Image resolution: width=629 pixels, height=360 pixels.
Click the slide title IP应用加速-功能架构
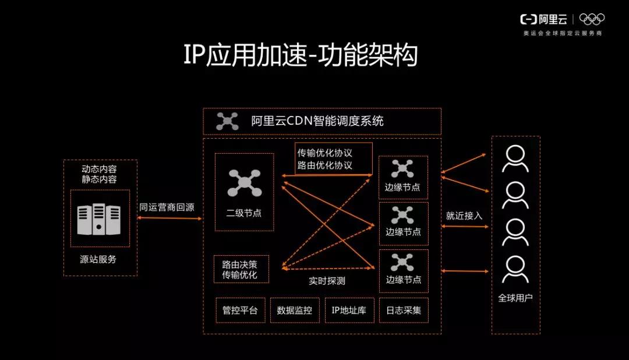(x=301, y=57)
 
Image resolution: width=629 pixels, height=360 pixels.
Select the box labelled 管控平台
(x=240, y=310)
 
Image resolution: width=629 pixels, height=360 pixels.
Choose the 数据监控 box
(x=295, y=310)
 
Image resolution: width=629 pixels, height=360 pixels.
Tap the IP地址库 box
(x=349, y=310)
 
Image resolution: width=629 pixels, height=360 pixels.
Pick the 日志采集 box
(x=404, y=310)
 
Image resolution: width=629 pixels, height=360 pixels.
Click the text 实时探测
(x=327, y=281)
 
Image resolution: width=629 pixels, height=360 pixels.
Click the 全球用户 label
(x=515, y=298)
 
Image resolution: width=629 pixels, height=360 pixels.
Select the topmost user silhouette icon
(x=515, y=158)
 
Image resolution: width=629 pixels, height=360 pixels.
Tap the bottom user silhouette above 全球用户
(x=515, y=269)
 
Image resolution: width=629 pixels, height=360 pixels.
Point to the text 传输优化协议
(x=325, y=153)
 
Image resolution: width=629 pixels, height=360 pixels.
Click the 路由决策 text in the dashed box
(x=239, y=263)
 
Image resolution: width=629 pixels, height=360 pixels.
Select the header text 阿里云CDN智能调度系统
(x=317, y=121)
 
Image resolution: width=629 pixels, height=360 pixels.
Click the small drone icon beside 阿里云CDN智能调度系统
(x=227, y=121)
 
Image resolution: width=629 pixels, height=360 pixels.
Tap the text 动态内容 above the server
(x=99, y=169)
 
